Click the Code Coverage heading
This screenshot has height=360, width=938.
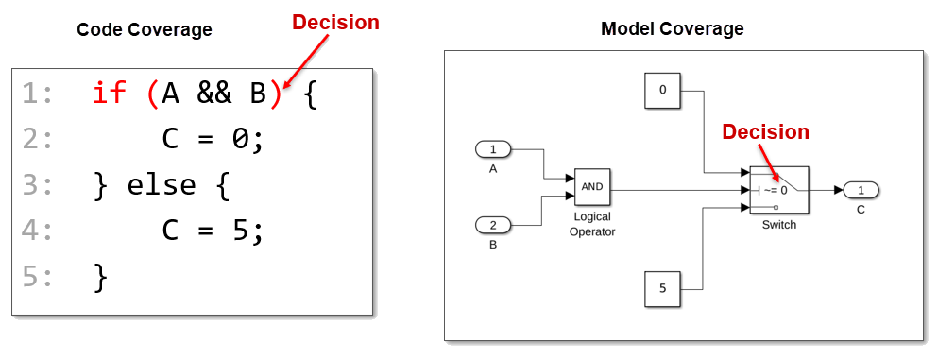point(144,29)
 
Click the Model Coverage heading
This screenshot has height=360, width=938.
point(672,28)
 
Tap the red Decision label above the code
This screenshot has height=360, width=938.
point(335,22)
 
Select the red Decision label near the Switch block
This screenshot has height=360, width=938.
point(765,132)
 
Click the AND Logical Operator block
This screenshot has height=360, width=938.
point(591,187)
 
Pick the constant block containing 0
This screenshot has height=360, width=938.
point(662,91)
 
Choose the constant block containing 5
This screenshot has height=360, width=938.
point(662,289)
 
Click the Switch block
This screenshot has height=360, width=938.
point(778,189)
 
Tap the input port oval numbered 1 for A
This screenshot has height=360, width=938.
point(492,149)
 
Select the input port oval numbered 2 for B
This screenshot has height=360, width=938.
point(492,225)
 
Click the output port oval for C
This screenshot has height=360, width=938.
point(861,190)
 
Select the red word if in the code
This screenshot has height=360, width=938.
point(109,94)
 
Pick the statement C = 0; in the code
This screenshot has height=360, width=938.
point(213,139)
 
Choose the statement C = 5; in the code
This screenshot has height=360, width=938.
point(213,231)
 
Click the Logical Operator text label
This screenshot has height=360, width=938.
point(591,224)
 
